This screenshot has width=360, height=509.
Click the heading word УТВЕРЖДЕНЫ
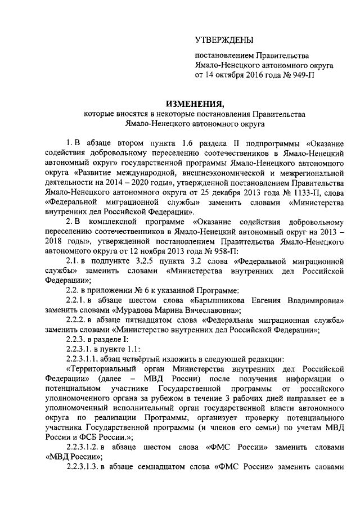coord(224,39)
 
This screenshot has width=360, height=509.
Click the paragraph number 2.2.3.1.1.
coord(85,359)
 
